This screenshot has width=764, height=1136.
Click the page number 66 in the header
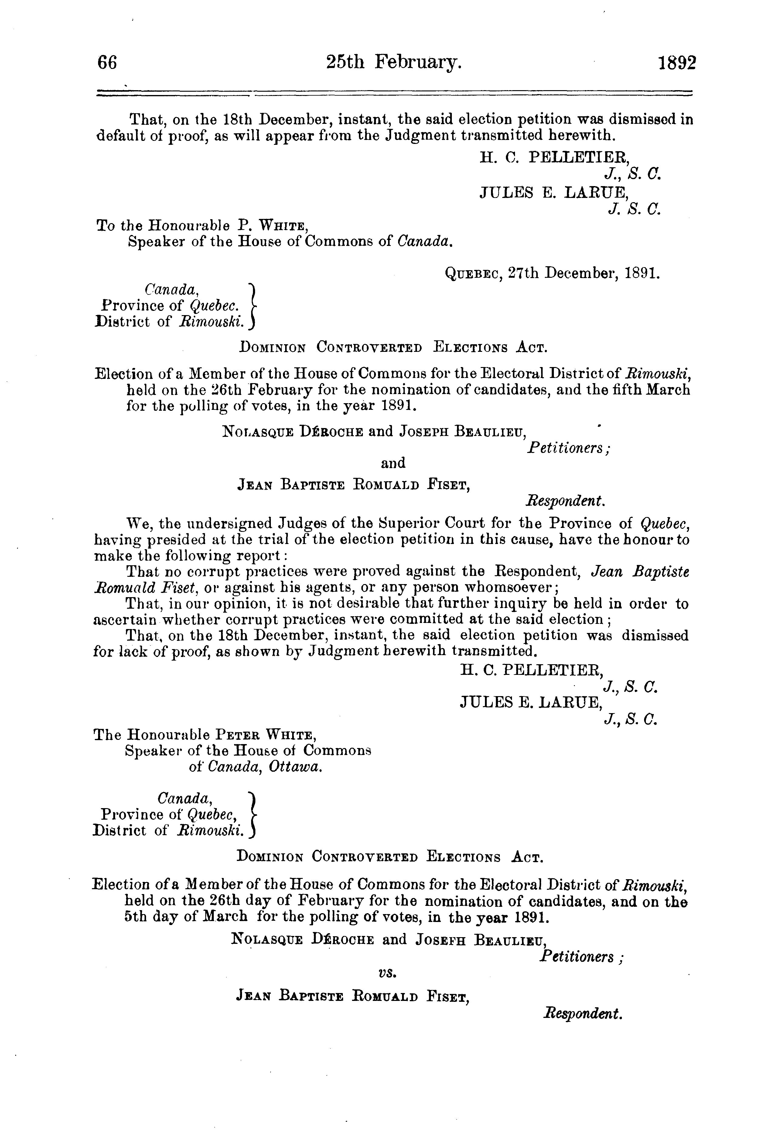coord(107,64)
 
